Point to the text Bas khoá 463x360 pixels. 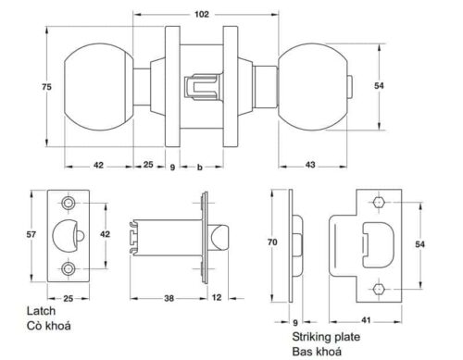pyautogui.click(x=319, y=352)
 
